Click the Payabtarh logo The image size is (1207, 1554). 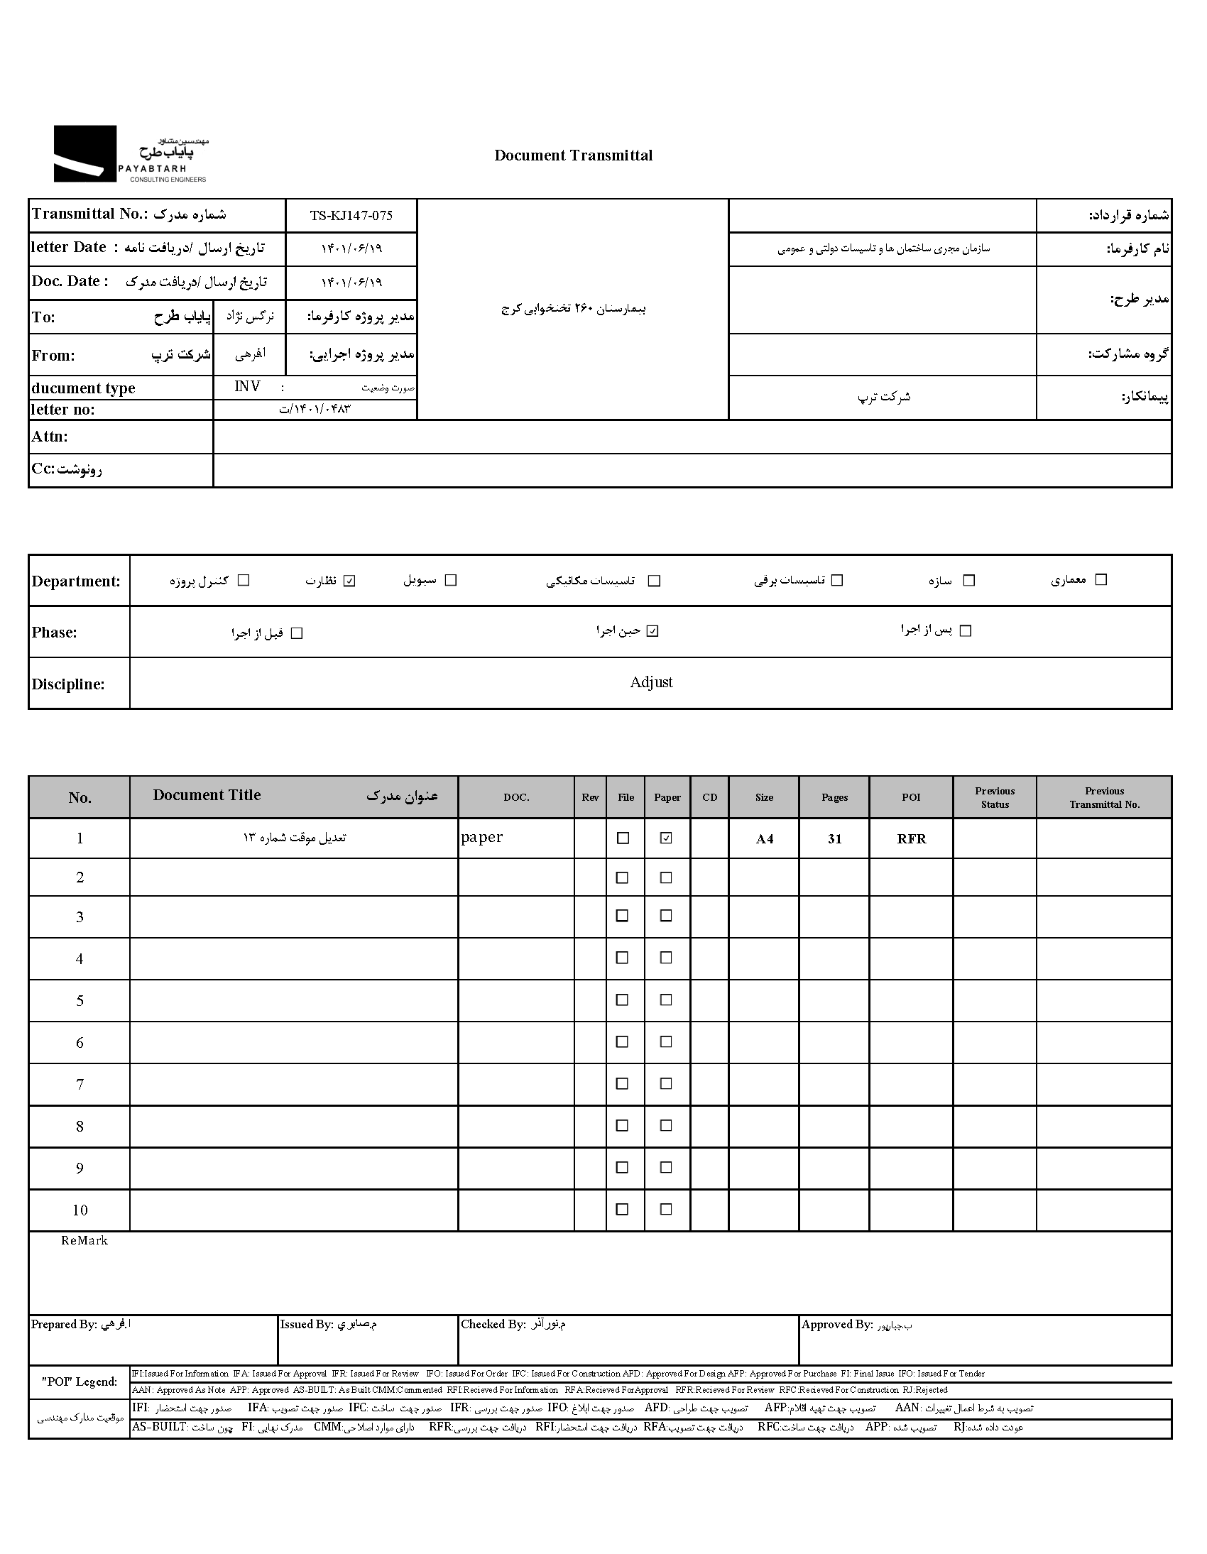click(x=131, y=153)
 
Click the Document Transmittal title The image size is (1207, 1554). click(x=573, y=155)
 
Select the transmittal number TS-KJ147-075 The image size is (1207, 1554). click(x=351, y=216)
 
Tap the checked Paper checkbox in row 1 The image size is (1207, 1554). click(x=665, y=838)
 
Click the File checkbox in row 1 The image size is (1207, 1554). click(x=623, y=838)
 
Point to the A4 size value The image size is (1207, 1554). click(x=764, y=839)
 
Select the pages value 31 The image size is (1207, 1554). click(x=834, y=839)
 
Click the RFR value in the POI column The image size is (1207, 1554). click(x=911, y=839)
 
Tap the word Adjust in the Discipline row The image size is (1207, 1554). click(x=650, y=682)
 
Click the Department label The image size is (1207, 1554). click(x=76, y=581)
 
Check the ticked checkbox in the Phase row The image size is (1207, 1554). click(x=652, y=631)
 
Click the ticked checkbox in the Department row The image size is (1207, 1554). click(x=349, y=581)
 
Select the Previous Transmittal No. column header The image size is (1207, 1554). click(x=1104, y=797)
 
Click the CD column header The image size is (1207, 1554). click(x=709, y=797)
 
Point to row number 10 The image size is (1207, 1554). click(x=80, y=1210)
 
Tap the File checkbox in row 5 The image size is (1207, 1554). click(x=622, y=1000)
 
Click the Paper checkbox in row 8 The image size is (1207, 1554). click(x=665, y=1126)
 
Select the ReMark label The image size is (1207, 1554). click(x=84, y=1240)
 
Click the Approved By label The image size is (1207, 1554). click(x=836, y=1324)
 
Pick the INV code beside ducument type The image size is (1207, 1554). click(x=247, y=386)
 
